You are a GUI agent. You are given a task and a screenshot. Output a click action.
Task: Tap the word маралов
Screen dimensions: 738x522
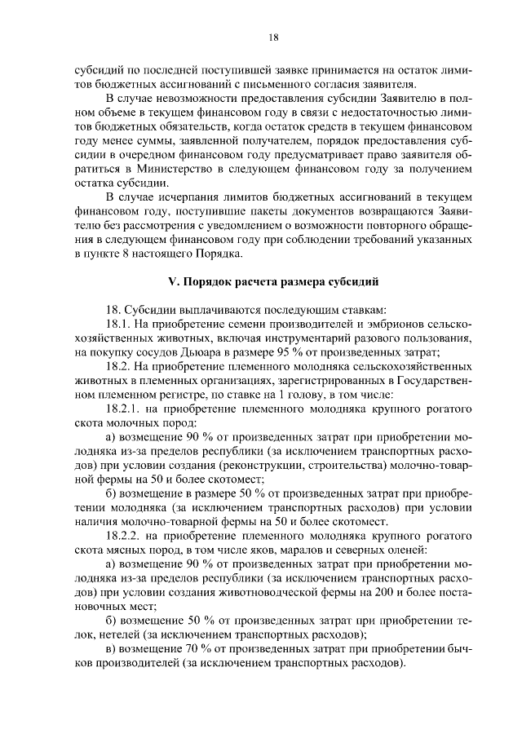[x=302, y=550]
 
